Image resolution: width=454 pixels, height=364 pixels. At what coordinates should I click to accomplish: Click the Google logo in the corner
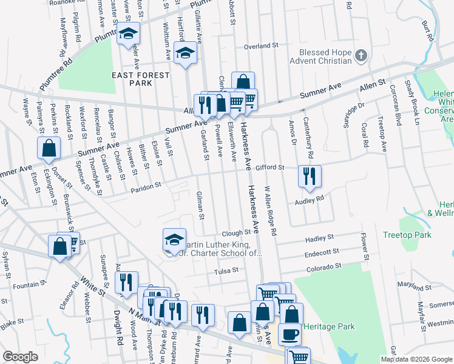pos(21,357)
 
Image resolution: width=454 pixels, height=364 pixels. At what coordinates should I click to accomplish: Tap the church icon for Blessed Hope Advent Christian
pos(361,56)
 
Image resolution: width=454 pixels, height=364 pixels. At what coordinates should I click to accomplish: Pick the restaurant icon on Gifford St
pos(310,176)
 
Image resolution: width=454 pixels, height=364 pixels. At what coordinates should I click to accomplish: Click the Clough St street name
pos(236,233)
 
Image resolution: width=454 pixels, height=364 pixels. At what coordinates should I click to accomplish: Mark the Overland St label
pos(260,46)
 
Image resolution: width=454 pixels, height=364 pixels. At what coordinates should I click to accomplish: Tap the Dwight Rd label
pos(117,325)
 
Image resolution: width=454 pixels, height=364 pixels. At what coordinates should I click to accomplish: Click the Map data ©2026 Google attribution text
pos(416,359)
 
